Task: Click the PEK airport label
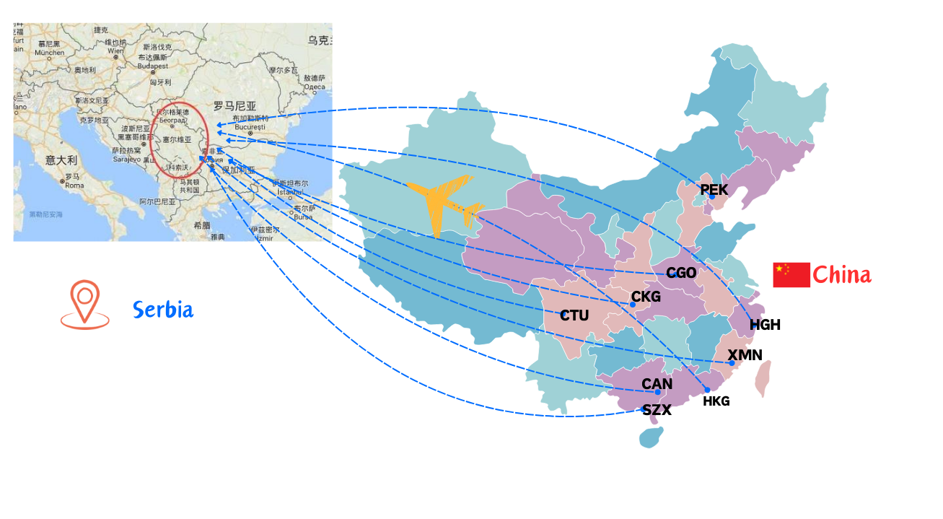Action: tap(714, 189)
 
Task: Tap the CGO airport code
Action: tap(681, 273)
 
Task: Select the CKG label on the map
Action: tap(646, 297)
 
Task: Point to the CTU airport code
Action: tap(574, 315)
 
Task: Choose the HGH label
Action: tap(765, 325)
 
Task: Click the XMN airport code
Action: tap(745, 355)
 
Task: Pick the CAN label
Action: tap(657, 384)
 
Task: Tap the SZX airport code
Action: tap(657, 410)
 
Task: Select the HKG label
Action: tap(716, 401)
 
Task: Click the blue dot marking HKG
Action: tap(707, 390)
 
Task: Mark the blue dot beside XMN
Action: tap(732, 363)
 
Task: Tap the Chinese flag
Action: tap(791, 275)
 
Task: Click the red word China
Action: tap(841, 275)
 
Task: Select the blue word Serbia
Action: tap(163, 310)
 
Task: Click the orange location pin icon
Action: tap(85, 304)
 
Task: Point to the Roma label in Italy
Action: tap(74, 186)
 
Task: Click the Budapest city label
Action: tap(153, 66)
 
